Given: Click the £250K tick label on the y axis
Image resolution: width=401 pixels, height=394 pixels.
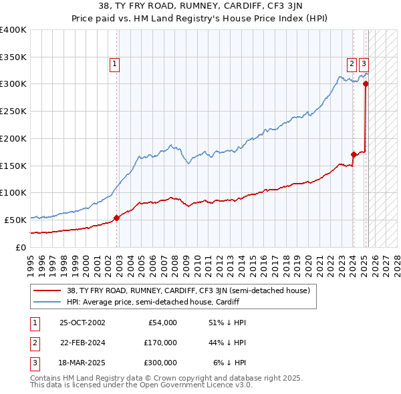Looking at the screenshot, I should (x=13, y=111).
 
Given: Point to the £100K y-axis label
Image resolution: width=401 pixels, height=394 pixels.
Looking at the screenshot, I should (x=13, y=192).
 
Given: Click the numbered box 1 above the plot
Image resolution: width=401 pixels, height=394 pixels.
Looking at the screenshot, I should (x=115, y=64).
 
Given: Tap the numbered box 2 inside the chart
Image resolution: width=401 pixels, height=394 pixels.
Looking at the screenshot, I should (x=352, y=64).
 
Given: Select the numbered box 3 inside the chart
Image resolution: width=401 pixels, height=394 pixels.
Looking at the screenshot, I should (x=364, y=64).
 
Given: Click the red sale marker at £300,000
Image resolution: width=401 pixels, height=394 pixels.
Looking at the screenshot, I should (x=366, y=84).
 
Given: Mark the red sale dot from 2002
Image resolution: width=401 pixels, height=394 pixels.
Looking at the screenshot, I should (x=116, y=217).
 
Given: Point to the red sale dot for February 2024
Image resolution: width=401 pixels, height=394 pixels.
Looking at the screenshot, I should (x=354, y=154).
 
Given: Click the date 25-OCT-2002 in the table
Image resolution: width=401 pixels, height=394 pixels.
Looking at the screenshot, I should (x=82, y=323).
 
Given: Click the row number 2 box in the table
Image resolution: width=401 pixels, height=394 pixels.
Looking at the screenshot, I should (x=33, y=343).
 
